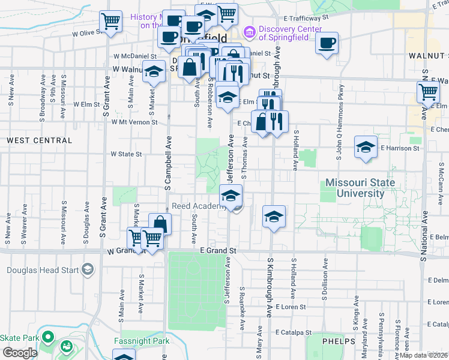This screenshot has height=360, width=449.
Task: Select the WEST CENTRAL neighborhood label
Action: click(39, 140)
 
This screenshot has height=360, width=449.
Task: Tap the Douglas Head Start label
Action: click(43, 269)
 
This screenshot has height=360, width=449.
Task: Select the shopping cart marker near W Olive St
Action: click(111, 22)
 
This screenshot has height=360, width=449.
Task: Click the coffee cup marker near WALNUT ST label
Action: click(327, 43)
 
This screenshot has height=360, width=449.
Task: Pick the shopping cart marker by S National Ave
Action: click(428, 92)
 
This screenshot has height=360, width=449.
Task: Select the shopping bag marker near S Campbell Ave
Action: click(160, 224)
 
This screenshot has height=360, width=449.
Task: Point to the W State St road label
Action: click(126, 154)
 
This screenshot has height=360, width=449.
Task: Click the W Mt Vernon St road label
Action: click(134, 122)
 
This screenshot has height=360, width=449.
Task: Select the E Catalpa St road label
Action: click(294, 332)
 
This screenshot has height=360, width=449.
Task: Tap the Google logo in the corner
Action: click(19, 353)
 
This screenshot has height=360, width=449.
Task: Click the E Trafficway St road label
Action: click(302, 18)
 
